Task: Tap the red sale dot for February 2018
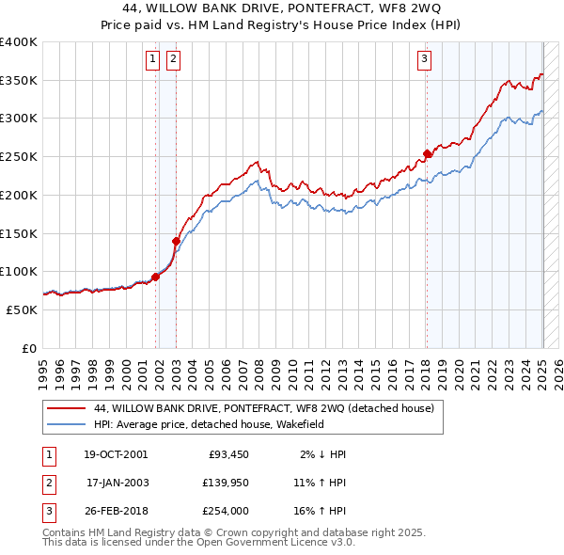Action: [x=427, y=153]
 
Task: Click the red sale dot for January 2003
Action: [x=176, y=241]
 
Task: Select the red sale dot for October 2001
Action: [x=155, y=276]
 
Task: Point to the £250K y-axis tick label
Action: [x=18, y=157]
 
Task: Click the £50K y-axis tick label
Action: [x=22, y=309]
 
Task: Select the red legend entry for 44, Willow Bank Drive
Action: [x=263, y=409]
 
